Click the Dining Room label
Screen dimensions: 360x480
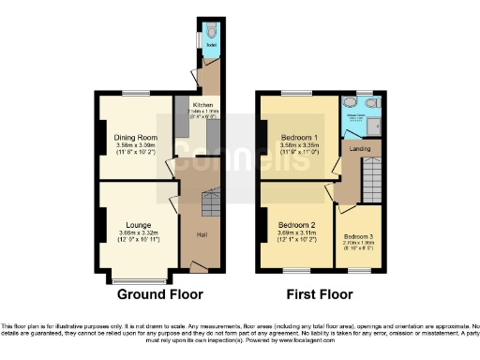pyautogui.click(x=135, y=138)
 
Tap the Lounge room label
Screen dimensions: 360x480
pyautogui.click(x=137, y=225)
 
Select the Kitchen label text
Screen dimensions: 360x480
pyautogui.click(x=203, y=104)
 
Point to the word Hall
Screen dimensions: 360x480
pyautogui.click(x=202, y=233)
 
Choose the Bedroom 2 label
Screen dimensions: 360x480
pyautogui.click(x=296, y=225)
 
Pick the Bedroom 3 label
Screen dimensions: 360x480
pyautogui.click(x=357, y=236)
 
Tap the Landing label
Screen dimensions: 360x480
pyautogui.click(x=360, y=148)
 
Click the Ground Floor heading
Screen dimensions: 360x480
pyautogui.click(x=160, y=293)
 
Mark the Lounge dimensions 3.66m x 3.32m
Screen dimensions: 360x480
pyautogui.click(x=136, y=233)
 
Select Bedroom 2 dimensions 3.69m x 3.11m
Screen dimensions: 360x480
pyautogui.click(x=296, y=233)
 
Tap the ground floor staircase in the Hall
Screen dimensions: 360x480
pyautogui.click(x=208, y=199)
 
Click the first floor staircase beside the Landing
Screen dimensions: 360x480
pyautogui.click(x=371, y=177)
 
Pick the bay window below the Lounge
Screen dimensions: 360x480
pyautogui.click(x=137, y=280)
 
